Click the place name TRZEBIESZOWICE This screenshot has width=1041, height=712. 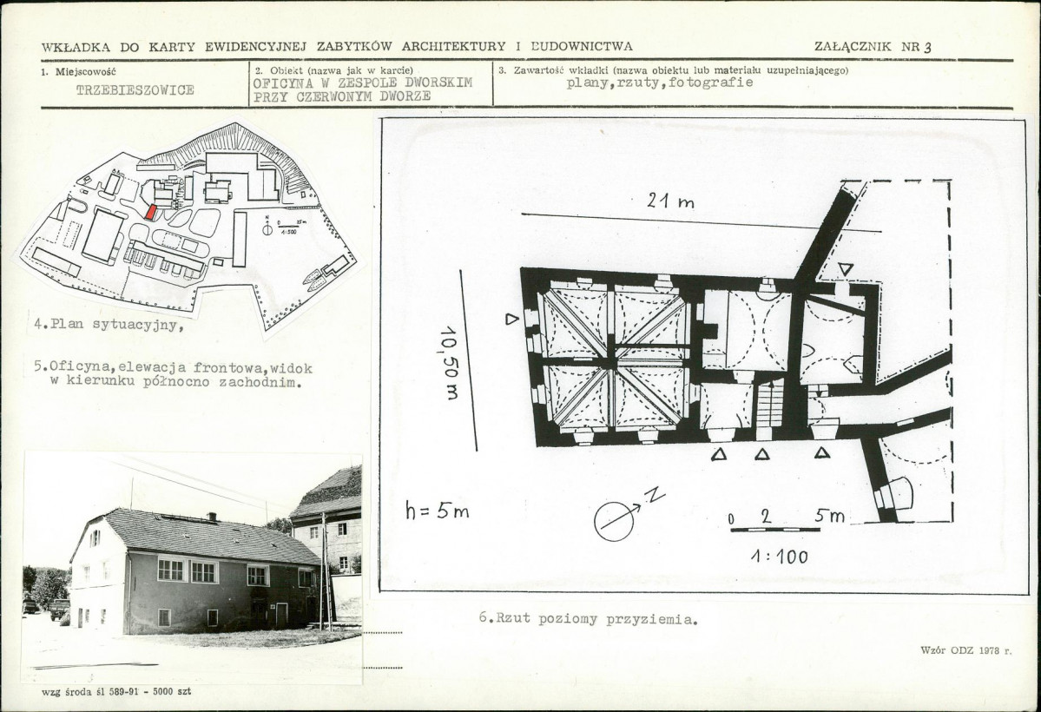click(135, 89)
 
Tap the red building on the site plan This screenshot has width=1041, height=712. click(151, 212)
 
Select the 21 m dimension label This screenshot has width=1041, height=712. click(670, 201)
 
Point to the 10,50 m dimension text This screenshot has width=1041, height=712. click(450, 363)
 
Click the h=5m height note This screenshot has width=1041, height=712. click(438, 510)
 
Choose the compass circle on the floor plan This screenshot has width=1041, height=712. click(614, 521)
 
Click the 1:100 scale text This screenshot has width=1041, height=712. click(780, 556)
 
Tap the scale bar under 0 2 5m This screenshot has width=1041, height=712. click(775, 530)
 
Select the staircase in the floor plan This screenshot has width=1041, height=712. click(770, 404)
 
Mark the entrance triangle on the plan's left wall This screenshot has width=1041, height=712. click(511, 319)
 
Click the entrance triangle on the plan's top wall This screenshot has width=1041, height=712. click(845, 269)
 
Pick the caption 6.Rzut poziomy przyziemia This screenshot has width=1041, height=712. click(588, 619)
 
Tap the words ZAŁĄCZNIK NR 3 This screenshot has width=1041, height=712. click(873, 47)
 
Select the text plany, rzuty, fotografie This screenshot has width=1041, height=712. click(660, 83)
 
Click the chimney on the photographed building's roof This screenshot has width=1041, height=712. click(212, 517)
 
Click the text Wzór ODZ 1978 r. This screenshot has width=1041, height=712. click(966, 650)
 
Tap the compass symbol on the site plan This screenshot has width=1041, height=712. click(267, 228)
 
